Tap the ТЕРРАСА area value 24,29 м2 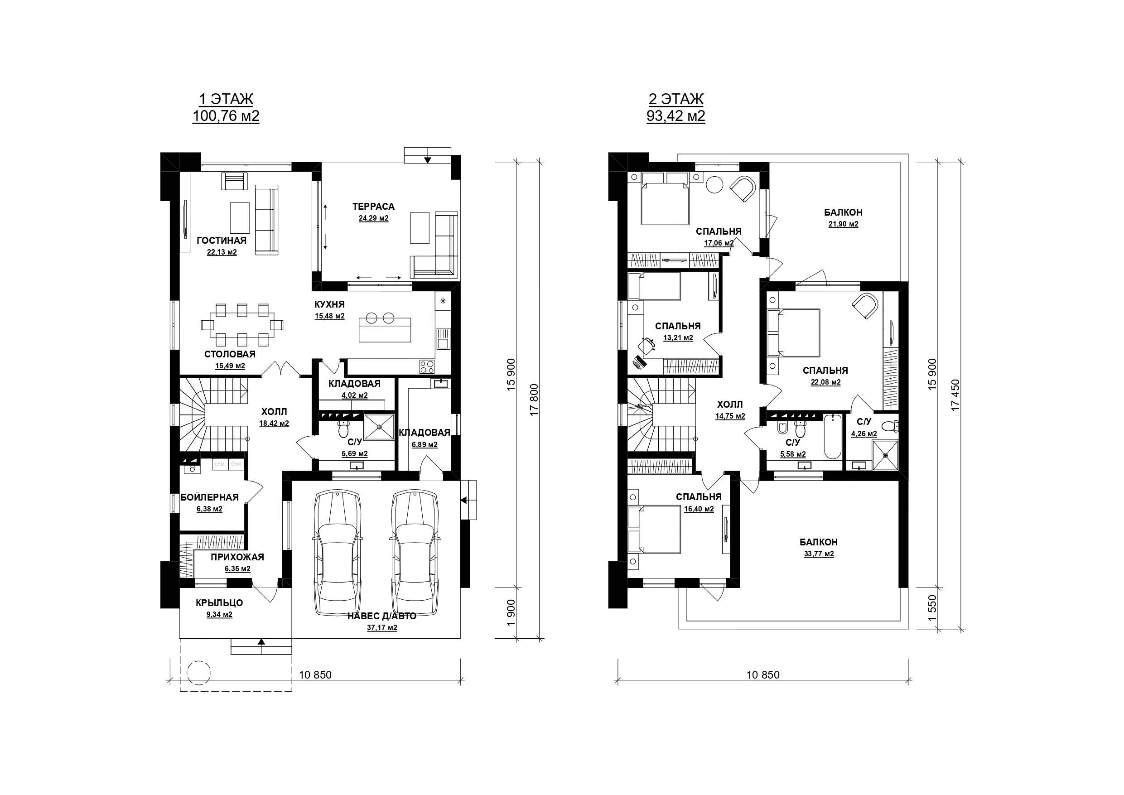pyautogui.click(x=373, y=218)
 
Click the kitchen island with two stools pyautogui.click(x=385, y=329)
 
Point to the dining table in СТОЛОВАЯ pyautogui.click(x=242, y=324)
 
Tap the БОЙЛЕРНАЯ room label pyautogui.click(x=209, y=497)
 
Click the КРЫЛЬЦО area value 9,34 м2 pyautogui.click(x=220, y=615)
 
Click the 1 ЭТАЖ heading pyautogui.click(x=226, y=99)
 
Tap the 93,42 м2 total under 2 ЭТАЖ pyautogui.click(x=675, y=116)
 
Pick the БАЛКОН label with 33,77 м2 pyautogui.click(x=819, y=542)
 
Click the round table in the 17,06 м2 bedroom pyautogui.click(x=714, y=184)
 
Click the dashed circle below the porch pyautogui.click(x=199, y=672)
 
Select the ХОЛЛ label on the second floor pyautogui.click(x=730, y=405)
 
